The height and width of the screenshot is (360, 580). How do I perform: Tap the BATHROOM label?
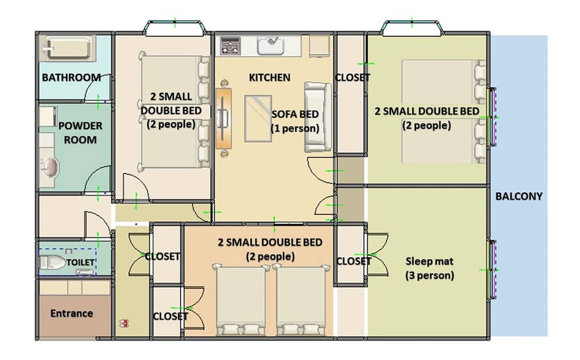pos(71,78)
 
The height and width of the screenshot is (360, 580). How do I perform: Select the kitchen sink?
pos(270,45)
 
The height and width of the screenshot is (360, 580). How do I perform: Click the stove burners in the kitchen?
pos(230,46)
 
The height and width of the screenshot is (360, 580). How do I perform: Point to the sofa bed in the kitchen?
pos(317,117)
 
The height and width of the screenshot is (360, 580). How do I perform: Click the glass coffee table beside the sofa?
pos(258,118)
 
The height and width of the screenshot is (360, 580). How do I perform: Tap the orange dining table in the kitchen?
pos(223,118)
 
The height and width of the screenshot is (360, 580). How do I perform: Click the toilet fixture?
pos(52,262)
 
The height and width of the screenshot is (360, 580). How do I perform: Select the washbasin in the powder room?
pos(49,168)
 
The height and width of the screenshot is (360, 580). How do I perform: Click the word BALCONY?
pos(519,197)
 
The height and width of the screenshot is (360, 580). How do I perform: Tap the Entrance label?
pos(71,314)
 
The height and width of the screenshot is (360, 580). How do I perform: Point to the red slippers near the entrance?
pos(124,323)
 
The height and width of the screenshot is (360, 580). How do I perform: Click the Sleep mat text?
pos(429,261)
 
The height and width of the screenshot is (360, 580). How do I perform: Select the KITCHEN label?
pos(269,78)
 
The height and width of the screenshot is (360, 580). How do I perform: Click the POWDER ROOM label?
pos(80,133)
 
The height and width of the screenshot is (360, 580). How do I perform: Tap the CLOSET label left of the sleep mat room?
pos(353,261)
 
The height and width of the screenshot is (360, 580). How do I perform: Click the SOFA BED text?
pos(295,114)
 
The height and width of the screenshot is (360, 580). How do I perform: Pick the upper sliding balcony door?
pos(492,117)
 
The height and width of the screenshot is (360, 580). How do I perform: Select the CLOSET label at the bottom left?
pos(171,317)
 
